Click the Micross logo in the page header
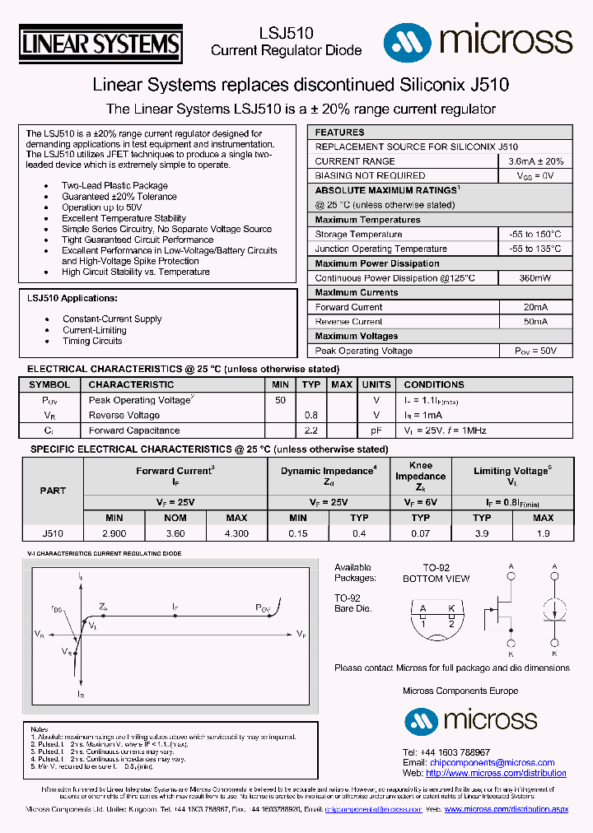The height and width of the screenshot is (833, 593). pos(478,40)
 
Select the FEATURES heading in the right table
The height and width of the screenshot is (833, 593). pos(339,133)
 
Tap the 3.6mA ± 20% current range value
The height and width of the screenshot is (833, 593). pos(535,161)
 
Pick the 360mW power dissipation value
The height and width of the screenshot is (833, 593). pos(535,278)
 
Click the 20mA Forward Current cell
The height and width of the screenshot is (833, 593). pos(535,307)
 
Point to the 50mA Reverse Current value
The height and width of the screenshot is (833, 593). pos(535,322)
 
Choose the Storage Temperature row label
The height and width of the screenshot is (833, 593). pos(358,235)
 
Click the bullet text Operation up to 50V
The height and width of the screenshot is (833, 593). pos(101,207)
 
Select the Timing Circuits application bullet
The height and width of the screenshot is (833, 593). pos(92,341)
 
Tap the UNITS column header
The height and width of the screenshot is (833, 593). pos(376,384)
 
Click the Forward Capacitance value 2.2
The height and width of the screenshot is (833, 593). pos(311,430)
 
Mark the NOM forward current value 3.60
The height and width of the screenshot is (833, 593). pos(175,533)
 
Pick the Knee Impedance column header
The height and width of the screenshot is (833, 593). pos(420,476)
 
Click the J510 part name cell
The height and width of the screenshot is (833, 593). pos(53,533)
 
